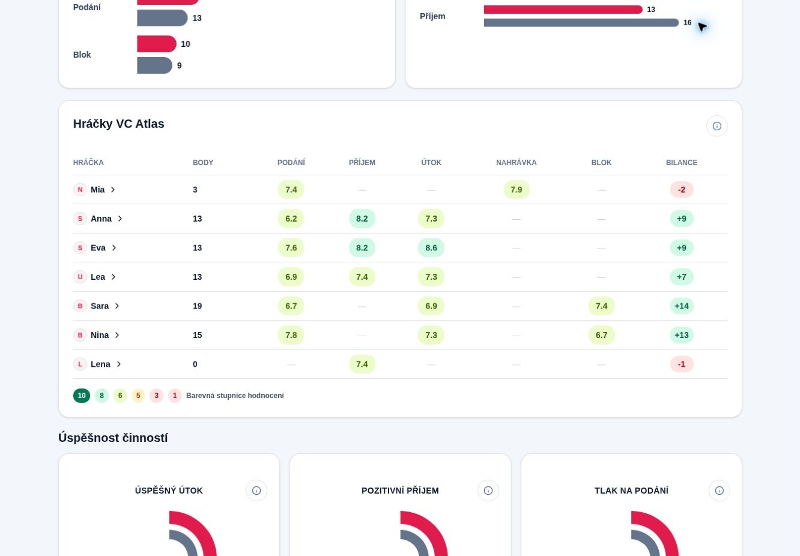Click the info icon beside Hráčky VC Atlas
(717, 126)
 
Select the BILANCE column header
(682, 163)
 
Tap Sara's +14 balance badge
(682, 306)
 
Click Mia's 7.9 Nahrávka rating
(516, 190)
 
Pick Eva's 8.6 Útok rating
(431, 248)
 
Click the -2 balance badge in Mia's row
(682, 190)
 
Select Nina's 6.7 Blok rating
(601, 335)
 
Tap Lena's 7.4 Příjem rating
(362, 364)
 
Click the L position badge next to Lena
(80, 364)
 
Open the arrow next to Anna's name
(120, 219)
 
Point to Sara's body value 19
(197, 306)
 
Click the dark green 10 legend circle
(82, 396)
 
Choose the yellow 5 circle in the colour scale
(138, 396)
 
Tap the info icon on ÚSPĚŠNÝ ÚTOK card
(256, 491)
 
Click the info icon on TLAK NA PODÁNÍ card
(719, 491)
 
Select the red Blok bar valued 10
(157, 44)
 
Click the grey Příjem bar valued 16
(581, 23)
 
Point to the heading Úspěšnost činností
(113, 438)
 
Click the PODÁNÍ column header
(291, 163)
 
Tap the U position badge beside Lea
(80, 277)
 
